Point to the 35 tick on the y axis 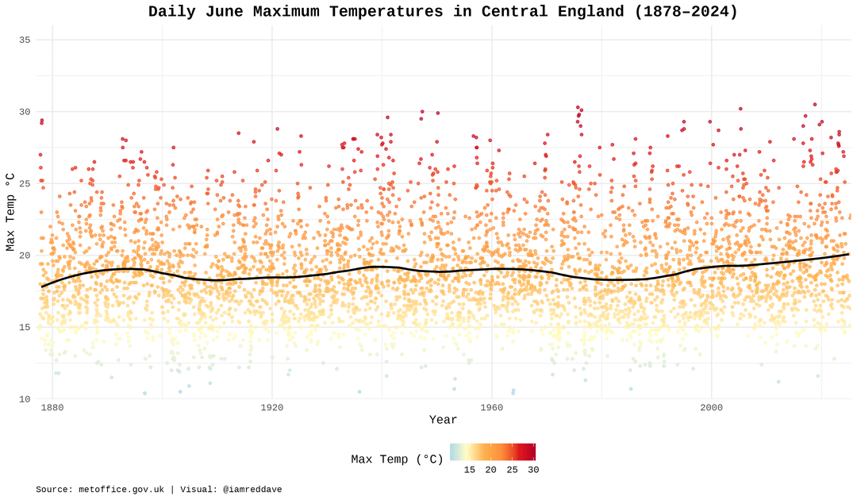click(25, 40)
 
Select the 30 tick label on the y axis click(25, 112)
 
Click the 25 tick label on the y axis click(25, 183)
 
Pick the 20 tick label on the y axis click(25, 256)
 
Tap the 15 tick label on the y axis click(25, 327)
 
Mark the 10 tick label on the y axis click(25, 399)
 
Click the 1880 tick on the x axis click(52, 408)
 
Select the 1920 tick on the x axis click(271, 408)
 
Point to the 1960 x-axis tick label click(491, 408)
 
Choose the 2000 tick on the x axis click(711, 408)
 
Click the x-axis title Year click(443, 420)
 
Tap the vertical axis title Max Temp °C click(10, 212)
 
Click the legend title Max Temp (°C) click(397, 460)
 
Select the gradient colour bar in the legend click(493, 452)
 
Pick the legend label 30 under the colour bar click(533, 470)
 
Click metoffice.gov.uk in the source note click(122, 490)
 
